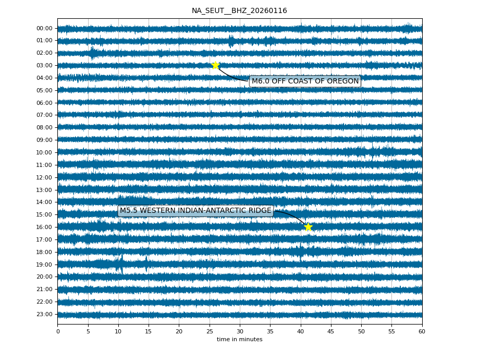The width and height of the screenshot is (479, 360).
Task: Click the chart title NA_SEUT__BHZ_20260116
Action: [x=239, y=11]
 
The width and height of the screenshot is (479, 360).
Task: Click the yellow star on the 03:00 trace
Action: [x=215, y=65]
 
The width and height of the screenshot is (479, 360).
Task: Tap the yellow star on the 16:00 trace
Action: [x=308, y=227]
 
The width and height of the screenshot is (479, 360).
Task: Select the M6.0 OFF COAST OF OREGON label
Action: [x=305, y=81]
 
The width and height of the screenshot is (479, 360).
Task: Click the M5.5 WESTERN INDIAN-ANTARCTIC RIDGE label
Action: [x=195, y=211]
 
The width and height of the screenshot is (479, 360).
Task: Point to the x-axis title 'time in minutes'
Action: [x=239, y=340]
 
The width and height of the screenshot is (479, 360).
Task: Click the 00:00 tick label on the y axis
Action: [x=45, y=28]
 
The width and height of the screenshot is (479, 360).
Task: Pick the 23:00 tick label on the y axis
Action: [x=45, y=314]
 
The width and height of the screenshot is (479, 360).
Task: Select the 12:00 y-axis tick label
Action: [x=45, y=177]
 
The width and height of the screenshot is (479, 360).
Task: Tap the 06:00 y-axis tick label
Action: [x=45, y=103]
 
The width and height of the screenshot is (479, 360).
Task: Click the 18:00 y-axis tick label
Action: [x=45, y=252]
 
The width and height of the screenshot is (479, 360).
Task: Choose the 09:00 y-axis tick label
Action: [x=45, y=140]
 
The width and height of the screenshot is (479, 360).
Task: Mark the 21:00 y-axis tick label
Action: [x=45, y=289]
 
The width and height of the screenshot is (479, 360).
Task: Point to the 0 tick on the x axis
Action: [x=58, y=331]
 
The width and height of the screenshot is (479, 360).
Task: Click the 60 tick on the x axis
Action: [x=422, y=331]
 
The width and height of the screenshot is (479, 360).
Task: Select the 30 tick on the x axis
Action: [x=240, y=331]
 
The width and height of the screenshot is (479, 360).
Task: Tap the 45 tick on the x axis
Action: [x=331, y=331]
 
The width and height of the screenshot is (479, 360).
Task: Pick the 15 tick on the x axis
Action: [x=149, y=331]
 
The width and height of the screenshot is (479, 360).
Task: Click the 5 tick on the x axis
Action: [x=88, y=331]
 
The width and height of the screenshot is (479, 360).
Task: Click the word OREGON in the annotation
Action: [x=342, y=81]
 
